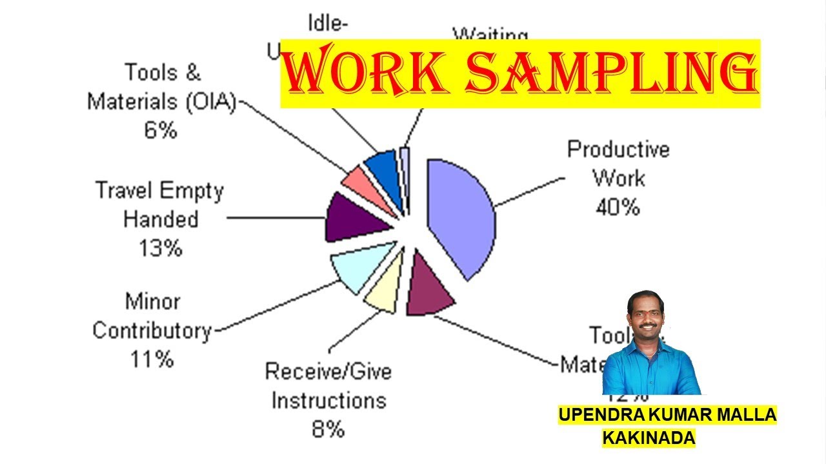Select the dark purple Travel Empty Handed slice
(352, 217)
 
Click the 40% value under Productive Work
(617, 207)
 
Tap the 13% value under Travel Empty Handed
(161, 247)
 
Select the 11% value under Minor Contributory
(152, 359)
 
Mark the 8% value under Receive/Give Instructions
(328, 429)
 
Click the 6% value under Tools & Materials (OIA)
(161, 130)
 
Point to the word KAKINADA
(649, 438)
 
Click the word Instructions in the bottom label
(328, 400)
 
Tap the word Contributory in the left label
(152, 330)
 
